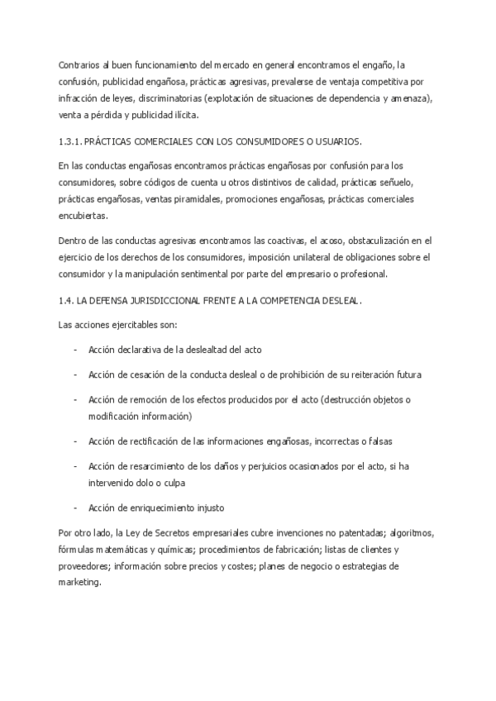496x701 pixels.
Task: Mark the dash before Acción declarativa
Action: click(x=76, y=350)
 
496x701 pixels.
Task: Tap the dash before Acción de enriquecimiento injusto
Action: click(x=76, y=507)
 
